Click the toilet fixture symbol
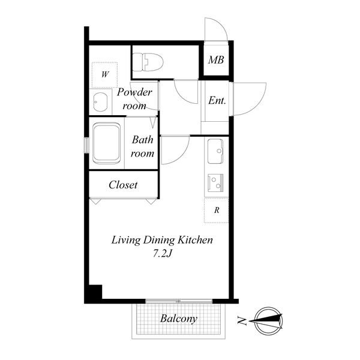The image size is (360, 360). [x=148, y=62]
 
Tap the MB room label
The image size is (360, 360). [x=216, y=60]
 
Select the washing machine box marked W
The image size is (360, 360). [x=104, y=74]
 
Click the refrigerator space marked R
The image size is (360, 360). [x=216, y=210]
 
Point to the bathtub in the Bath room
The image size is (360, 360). [x=106, y=143]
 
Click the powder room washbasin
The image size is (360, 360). [x=100, y=102]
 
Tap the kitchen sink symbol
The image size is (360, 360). [x=215, y=151]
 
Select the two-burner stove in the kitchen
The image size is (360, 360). [x=215, y=183]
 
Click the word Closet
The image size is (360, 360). [x=123, y=185]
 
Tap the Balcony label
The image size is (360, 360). [x=179, y=319]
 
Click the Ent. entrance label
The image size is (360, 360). [x=217, y=100]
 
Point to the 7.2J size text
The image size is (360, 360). [x=163, y=253]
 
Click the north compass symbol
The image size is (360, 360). [x=269, y=321]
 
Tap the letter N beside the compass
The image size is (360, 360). [x=242, y=321]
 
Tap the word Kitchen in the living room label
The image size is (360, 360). [x=196, y=240]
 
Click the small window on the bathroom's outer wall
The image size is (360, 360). [x=86, y=145]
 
